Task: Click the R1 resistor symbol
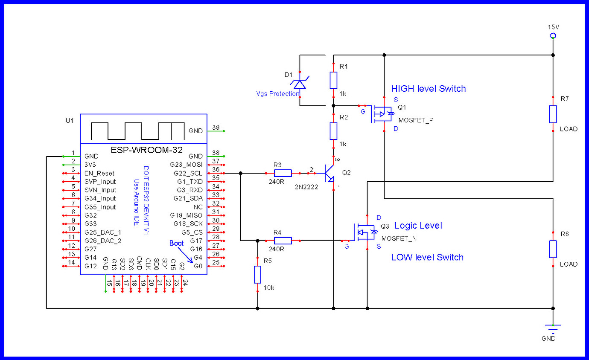click(333, 80)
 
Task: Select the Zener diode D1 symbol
click(300, 84)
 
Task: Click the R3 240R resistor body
click(283, 173)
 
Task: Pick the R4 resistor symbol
click(283, 241)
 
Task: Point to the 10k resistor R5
click(257, 274)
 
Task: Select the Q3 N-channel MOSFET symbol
click(365, 232)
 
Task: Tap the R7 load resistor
click(553, 114)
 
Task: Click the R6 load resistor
click(553, 249)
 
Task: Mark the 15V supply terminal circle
click(553, 36)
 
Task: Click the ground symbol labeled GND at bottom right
click(553, 327)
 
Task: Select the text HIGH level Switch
click(428, 89)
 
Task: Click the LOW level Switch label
click(427, 257)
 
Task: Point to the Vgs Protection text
click(277, 94)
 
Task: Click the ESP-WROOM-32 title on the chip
click(146, 150)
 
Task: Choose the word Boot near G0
click(177, 243)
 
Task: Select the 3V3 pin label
click(91, 165)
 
